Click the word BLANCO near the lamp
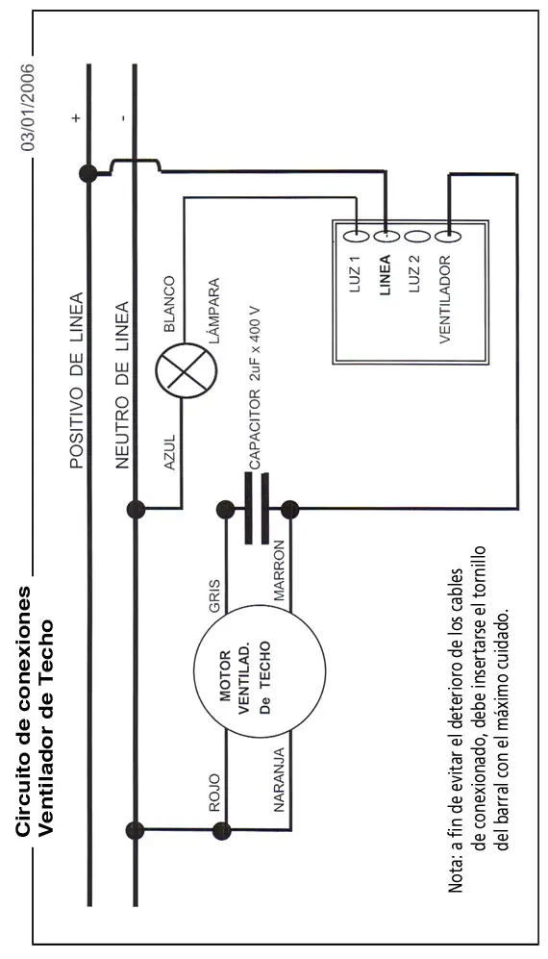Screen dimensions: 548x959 (x=170, y=304)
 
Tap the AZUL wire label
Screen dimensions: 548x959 (x=170, y=453)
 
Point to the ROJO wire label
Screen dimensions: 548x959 (x=214, y=794)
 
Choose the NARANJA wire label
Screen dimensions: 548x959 (x=279, y=779)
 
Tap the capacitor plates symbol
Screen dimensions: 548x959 (x=257, y=508)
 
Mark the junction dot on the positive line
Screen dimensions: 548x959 (x=88, y=174)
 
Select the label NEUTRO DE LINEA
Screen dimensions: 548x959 (x=122, y=385)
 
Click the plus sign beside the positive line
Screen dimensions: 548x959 (x=76, y=117)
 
